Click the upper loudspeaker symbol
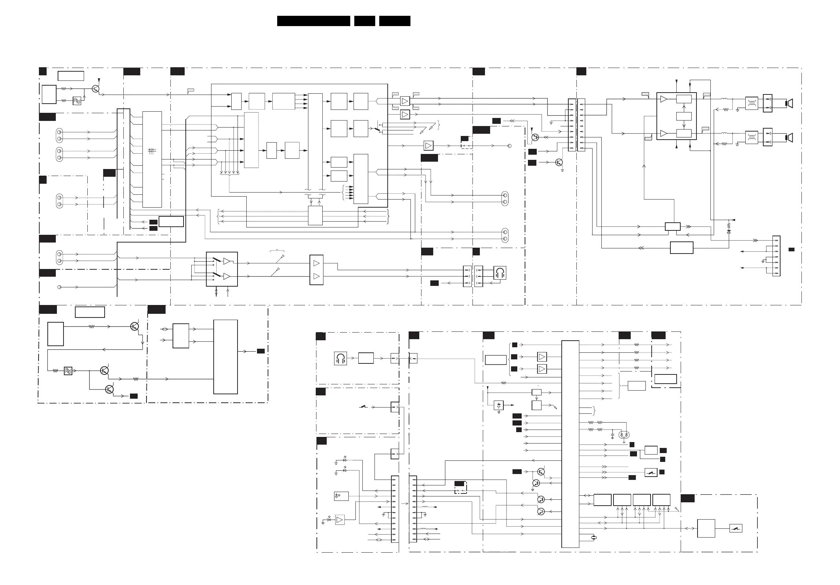click(789, 104)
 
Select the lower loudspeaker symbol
click(789, 138)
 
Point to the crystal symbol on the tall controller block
click(594, 538)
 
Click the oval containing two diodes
click(624, 435)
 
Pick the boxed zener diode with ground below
click(499, 406)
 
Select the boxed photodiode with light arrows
click(341, 496)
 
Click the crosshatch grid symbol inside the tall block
click(152, 151)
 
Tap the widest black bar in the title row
click(313, 21)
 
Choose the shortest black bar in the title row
click(364, 21)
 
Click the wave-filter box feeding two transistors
click(68, 371)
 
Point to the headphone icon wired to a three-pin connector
click(500, 273)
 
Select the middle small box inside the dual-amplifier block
click(684, 116)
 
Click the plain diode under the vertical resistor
click(729, 232)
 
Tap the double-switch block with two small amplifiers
click(222, 269)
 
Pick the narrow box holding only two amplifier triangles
click(316, 270)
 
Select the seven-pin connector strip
click(776, 256)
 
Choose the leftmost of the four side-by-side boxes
click(602, 500)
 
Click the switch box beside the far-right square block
click(736, 528)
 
